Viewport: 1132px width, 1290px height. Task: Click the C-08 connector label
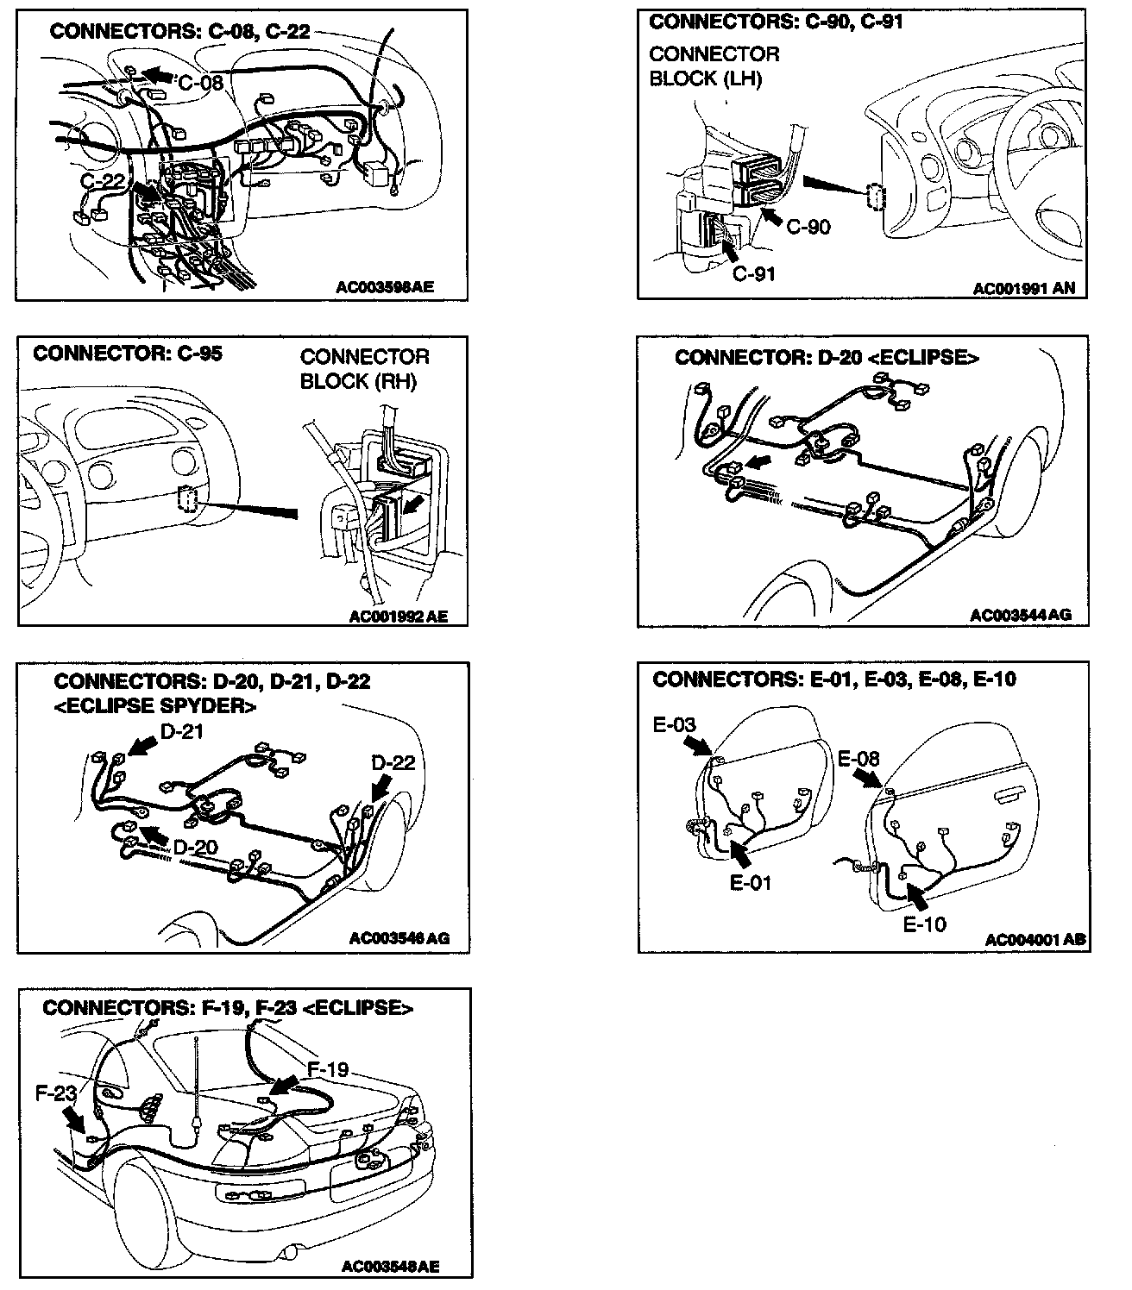201,83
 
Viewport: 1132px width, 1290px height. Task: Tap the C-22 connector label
104,181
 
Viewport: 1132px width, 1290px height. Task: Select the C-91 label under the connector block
753,274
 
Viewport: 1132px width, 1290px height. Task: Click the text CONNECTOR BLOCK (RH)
364,369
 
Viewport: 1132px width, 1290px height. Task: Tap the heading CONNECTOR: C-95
127,354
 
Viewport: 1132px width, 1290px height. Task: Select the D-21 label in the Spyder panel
184,733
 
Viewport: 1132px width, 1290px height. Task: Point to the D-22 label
393,763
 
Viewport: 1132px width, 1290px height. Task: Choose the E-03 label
675,725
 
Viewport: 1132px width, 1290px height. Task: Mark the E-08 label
859,759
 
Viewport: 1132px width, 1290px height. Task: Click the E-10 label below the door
924,924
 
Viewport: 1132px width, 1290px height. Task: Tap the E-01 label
750,882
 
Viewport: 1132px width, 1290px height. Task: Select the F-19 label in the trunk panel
328,1070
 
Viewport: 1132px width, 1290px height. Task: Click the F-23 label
57,1093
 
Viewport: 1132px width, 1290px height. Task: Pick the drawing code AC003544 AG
1020,615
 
